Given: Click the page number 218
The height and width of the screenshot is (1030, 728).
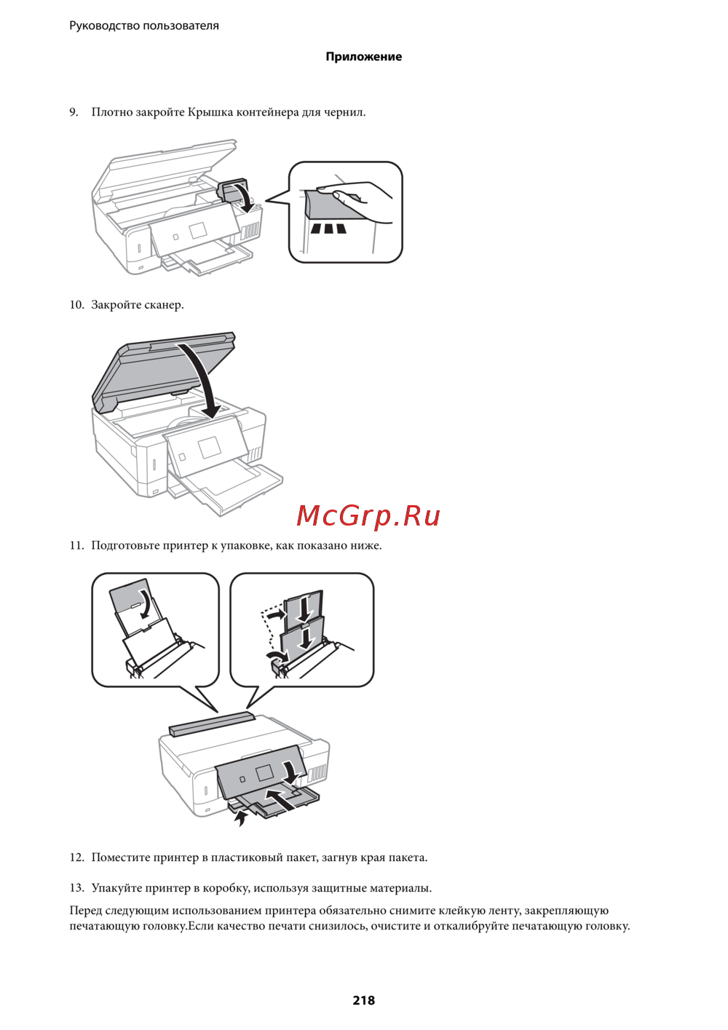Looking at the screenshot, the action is (364, 999).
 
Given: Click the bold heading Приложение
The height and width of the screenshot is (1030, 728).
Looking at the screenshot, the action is (364, 57).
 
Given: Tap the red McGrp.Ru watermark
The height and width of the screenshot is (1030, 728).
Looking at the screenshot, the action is (368, 516).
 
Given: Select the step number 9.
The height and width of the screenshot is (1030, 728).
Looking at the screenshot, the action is (74, 112).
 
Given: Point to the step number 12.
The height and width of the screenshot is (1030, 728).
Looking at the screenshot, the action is (76, 857).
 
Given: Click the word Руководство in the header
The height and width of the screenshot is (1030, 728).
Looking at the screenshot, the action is (104, 25).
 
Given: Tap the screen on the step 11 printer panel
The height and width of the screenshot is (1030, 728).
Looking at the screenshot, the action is (265, 773).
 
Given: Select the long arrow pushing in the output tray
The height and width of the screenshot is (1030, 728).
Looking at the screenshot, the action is (282, 799).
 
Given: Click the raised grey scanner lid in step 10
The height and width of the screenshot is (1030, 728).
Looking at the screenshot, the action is (163, 371).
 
